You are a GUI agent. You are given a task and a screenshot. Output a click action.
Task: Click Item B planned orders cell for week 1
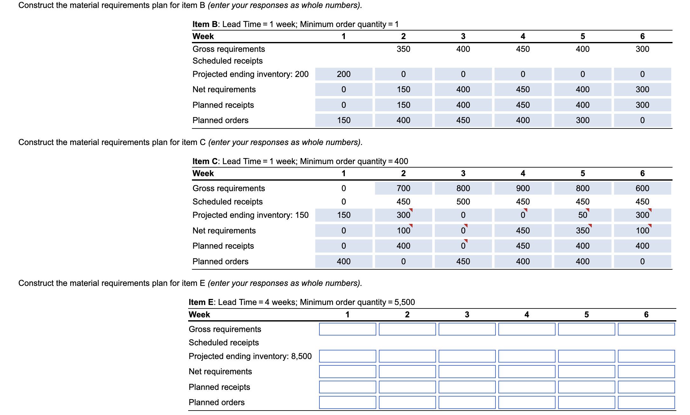(344, 120)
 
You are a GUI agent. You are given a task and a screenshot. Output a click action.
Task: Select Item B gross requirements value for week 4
(523, 49)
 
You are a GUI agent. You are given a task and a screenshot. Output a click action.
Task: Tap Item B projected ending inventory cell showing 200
(344, 74)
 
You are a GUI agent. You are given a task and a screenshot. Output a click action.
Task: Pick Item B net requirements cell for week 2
(403, 89)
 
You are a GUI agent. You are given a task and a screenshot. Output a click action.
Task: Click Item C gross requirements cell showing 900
(523, 188)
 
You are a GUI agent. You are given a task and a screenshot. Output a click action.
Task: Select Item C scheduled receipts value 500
(463, 202)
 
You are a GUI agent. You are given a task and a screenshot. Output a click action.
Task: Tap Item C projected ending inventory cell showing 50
(583, 215)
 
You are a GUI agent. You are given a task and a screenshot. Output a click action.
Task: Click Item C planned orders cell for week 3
(463, 261)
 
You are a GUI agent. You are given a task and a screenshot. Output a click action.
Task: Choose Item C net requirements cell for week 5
(583, 231)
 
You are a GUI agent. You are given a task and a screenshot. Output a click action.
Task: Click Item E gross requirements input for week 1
(347, 329)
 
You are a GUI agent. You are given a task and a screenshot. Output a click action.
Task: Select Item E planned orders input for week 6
(646, 402)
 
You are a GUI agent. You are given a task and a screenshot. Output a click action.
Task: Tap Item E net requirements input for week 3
(467, 371)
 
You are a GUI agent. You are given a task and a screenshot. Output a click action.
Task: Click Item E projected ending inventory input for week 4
(527, 356)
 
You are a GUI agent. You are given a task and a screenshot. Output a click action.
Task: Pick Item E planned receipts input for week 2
(407, 387)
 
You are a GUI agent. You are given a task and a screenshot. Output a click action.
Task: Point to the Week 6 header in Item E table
(646, 315)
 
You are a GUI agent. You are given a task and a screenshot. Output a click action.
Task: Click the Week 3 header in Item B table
(463, 36)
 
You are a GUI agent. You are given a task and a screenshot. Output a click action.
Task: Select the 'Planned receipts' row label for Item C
(223, 246)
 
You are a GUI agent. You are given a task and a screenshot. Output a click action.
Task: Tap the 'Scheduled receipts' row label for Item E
(224, 342)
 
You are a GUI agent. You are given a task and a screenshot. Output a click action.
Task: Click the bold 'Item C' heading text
(205, 161)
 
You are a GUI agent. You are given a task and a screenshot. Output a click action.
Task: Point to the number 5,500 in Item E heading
(405, 302)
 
